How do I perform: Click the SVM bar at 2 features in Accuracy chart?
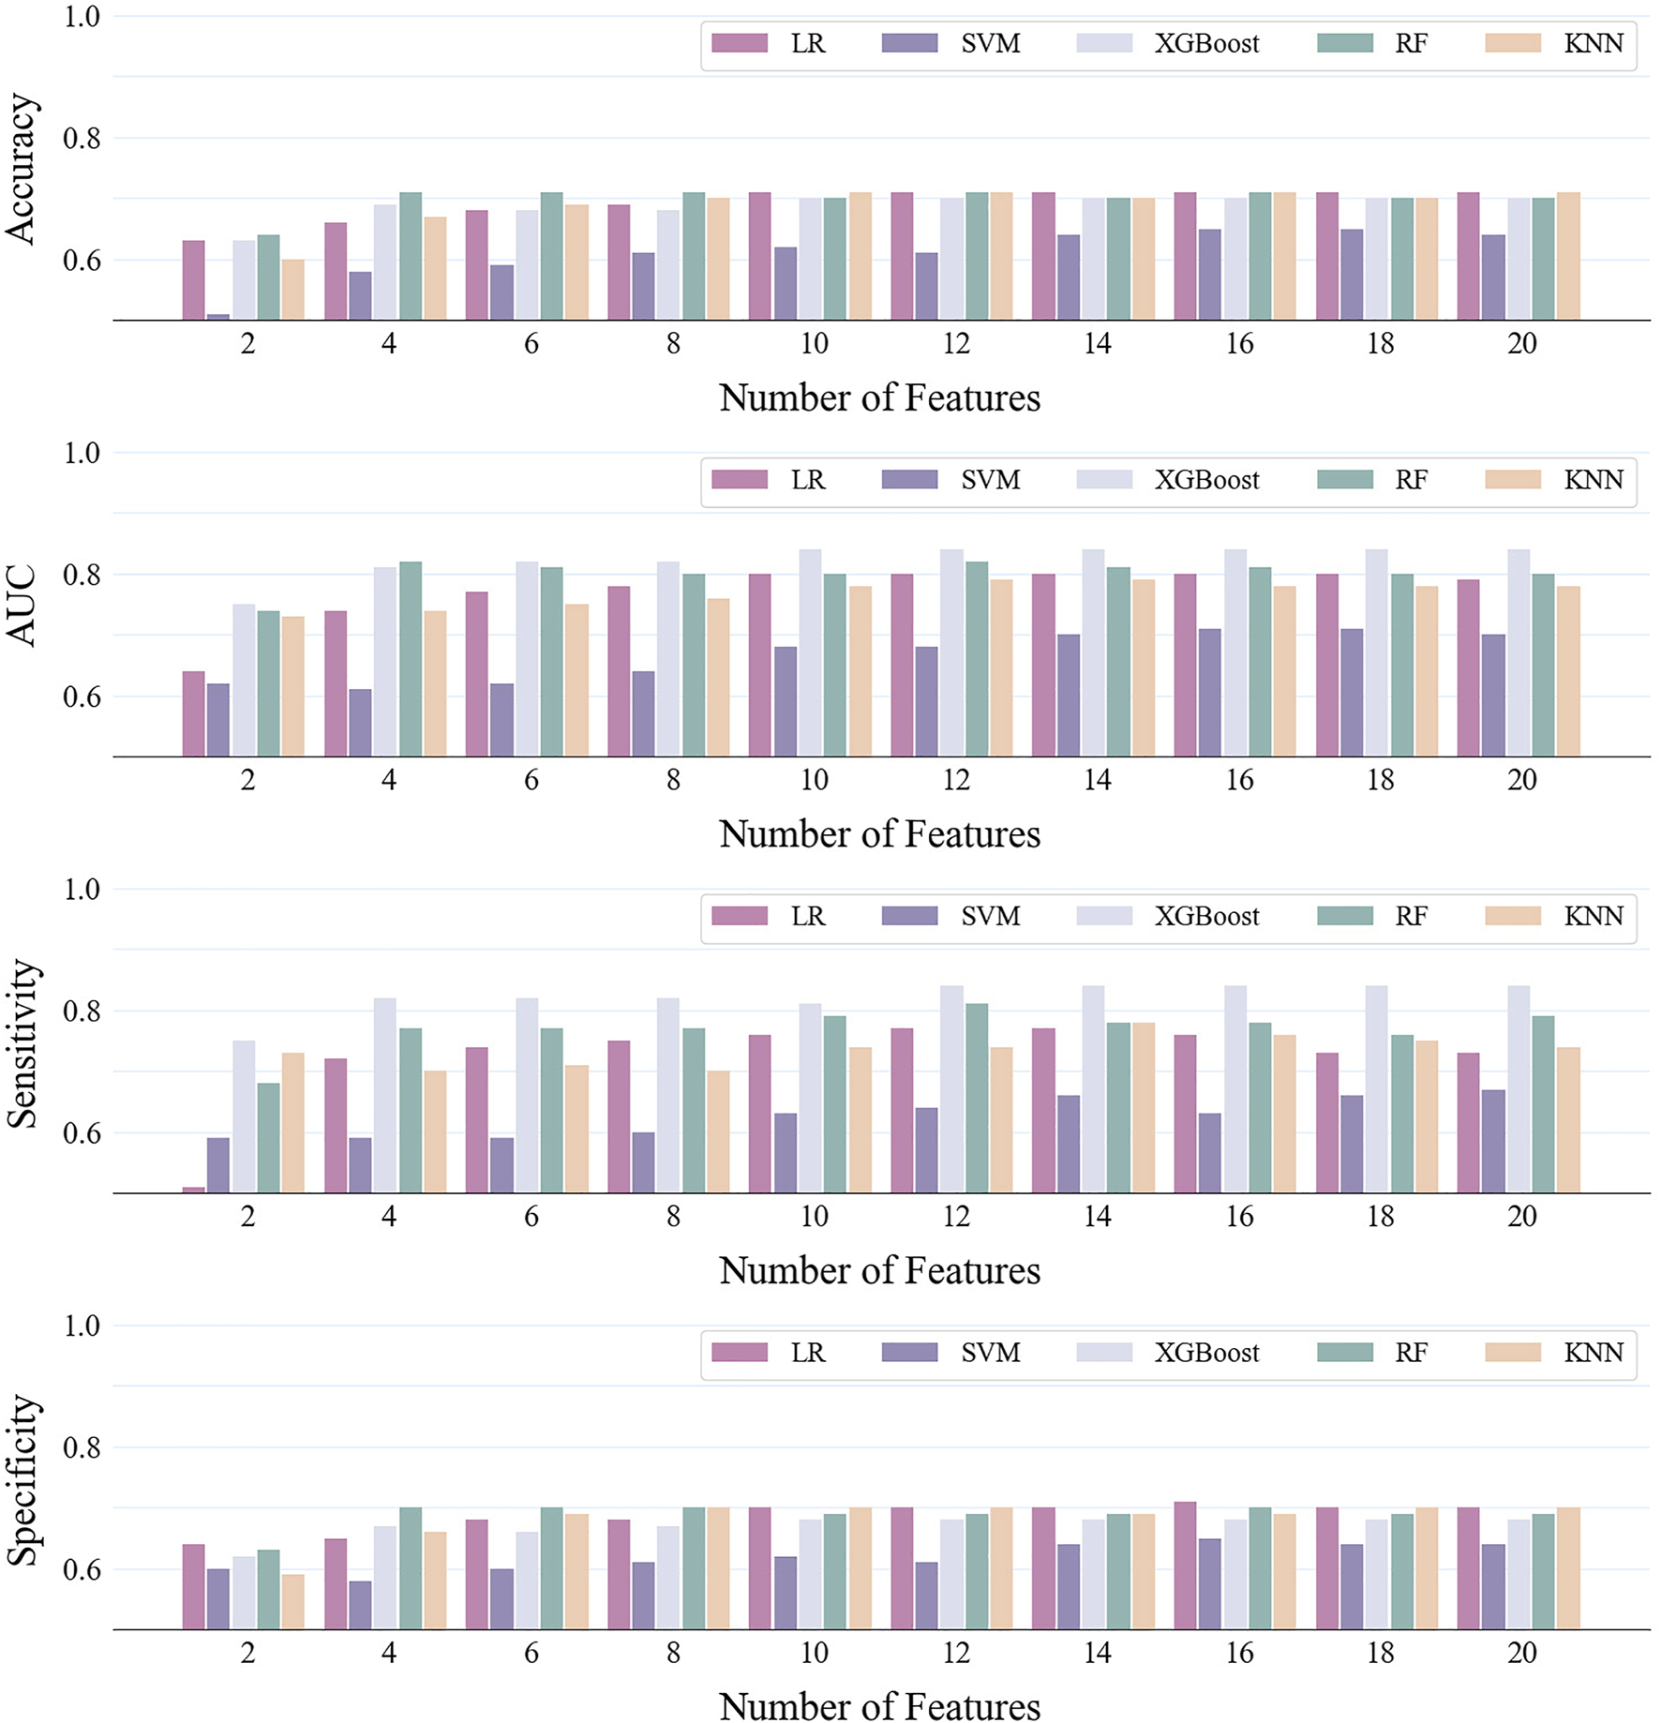point(217,317)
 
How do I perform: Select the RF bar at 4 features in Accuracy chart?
point(411,257)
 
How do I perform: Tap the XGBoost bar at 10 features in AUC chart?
point(810,653)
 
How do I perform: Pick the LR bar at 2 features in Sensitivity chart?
point(193,1190)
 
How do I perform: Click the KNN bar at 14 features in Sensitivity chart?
point(1143,1107)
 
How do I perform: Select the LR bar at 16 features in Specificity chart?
point(1185,1566)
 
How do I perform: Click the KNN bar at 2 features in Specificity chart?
point(292,1602)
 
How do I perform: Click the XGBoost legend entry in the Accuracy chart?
point(1168,43)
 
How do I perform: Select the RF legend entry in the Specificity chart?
point(1373,1353)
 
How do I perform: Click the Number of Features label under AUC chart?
point(879,833)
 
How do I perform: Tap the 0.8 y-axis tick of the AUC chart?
point(81,575)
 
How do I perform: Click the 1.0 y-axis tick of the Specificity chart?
point(81,1326)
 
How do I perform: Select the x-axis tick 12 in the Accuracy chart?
point(955,344)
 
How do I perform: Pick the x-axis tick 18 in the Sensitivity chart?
point(1380,1217)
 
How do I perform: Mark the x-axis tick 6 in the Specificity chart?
point(531,1653)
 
